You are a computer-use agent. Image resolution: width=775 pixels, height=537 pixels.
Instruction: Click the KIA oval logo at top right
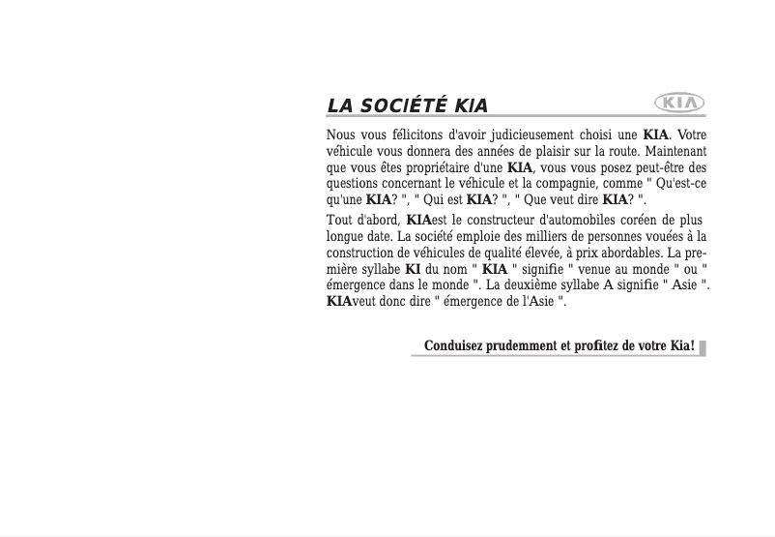679,102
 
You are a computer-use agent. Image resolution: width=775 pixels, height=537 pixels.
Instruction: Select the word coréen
626,221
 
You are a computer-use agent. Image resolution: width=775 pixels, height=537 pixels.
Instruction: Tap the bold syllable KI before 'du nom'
413,269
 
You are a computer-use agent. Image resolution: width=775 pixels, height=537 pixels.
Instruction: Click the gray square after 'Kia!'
703,347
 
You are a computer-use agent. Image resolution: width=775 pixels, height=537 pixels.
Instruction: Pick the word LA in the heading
339,106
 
